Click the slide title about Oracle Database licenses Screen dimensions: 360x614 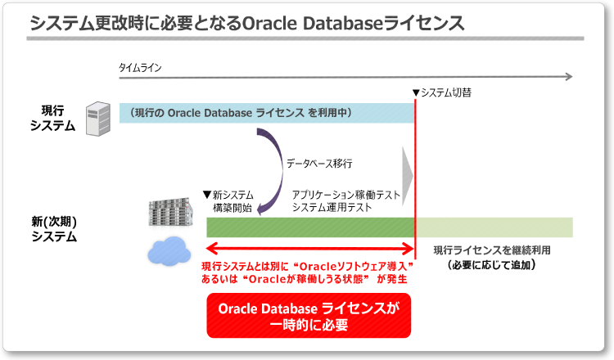tap(246, 22)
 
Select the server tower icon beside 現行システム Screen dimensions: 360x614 tap(98, 119)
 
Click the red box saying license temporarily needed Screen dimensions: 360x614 tap(308, 316)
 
